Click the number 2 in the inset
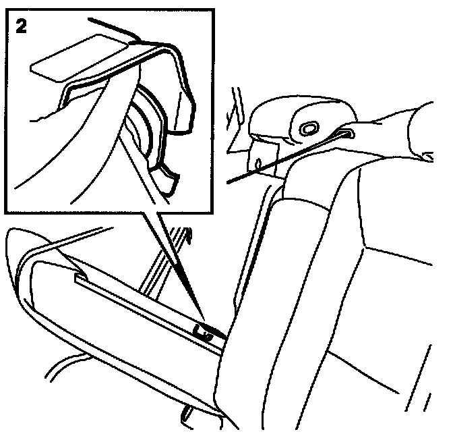click(x=21, y=26)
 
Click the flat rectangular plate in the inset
click(x=80, y=58)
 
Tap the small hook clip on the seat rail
click(x=203, y=333)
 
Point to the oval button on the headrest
click(x=309, y=128)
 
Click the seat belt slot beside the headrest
click(x=345, y=134)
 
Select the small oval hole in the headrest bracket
click(x=259, y=163)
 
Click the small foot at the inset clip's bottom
click(x=164, y=182)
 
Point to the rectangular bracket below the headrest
click(x=263, y=159)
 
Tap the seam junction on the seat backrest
click(x=365, y=247)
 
